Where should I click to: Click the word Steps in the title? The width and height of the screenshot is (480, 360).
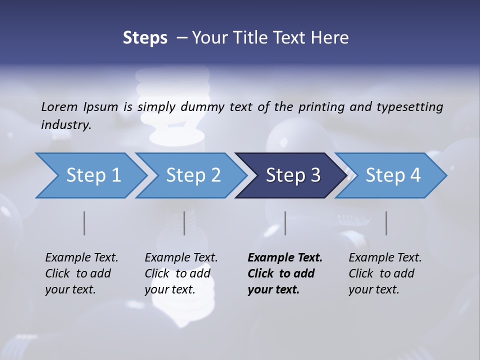coord(145,38)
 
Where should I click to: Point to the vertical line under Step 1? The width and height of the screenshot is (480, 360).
coord(84,223)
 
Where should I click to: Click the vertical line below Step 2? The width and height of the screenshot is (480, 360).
coord(184,223)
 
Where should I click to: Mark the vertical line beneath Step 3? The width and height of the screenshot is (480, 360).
coord(285,223)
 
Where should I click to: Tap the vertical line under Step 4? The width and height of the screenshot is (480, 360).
coord(386,223)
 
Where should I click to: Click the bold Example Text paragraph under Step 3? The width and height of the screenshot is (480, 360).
coord(285,273)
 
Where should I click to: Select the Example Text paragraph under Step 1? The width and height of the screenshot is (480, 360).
coord(81,273)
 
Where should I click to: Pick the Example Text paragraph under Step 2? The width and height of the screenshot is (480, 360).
coord(181,273)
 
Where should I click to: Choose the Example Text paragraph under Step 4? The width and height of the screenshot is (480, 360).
coord(385,273)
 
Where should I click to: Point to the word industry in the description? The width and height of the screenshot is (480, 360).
coord(66,125)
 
